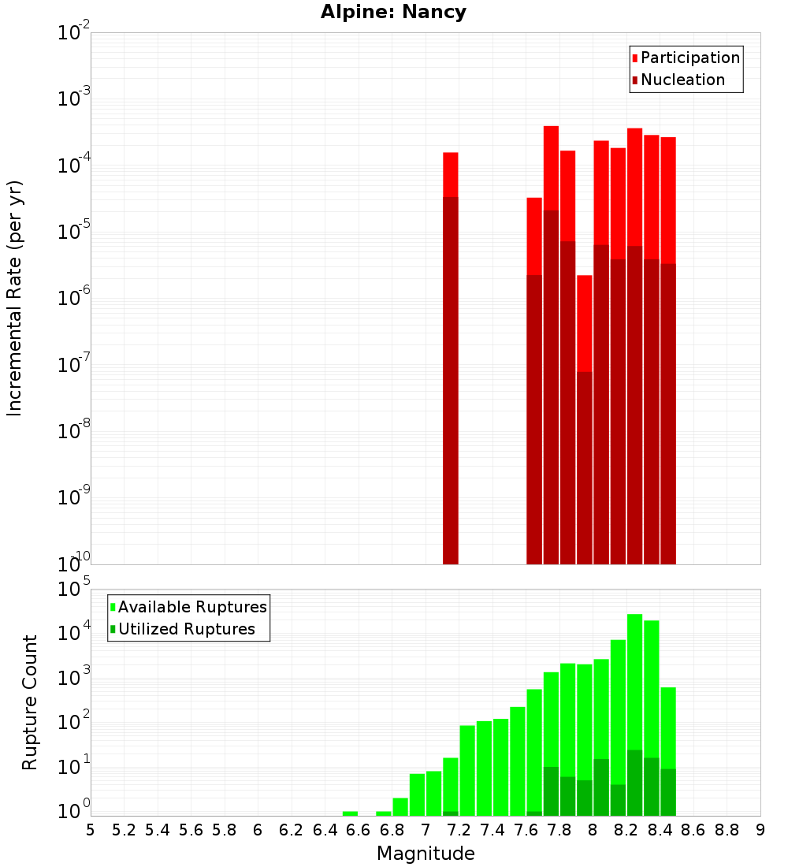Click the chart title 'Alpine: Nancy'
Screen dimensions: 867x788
point(393,13)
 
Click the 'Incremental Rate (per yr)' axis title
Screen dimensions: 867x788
point(15,299)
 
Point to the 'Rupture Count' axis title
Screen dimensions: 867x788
point(30,702)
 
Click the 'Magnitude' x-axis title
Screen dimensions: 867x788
point(426,854)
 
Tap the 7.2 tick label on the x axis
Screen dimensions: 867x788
point(459,830)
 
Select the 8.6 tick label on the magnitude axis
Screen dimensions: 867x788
point(693,830)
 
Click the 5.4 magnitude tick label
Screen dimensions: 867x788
point(158,830)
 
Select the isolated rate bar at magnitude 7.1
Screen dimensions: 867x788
point(451,355)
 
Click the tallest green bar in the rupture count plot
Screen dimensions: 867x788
point(634,709)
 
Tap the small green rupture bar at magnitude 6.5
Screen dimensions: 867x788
point(350,813)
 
